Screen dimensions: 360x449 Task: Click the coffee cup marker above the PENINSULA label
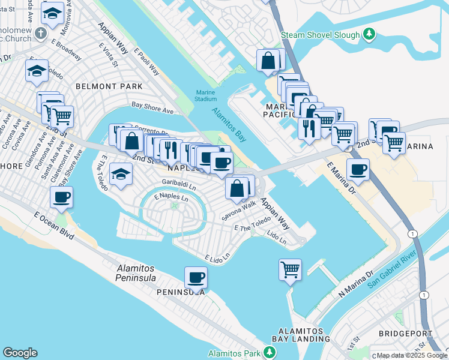tap(196, 277)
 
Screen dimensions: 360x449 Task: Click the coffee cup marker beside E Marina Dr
tap(358, 169)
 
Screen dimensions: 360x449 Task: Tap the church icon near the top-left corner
tap(41, 32)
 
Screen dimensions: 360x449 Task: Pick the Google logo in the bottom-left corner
tap(20, 353)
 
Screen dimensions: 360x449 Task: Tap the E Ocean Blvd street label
tap(53, 226)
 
